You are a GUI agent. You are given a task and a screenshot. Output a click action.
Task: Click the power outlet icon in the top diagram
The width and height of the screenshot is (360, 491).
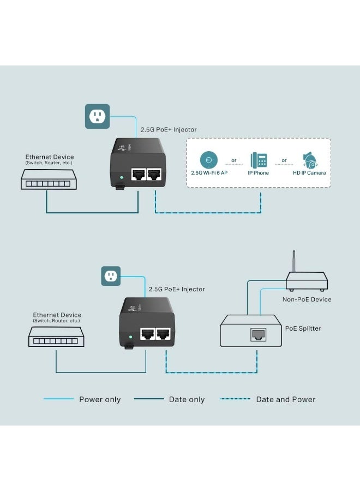tap(97, 116)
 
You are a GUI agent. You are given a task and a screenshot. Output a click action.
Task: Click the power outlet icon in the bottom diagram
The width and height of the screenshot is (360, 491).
tap(111, 276)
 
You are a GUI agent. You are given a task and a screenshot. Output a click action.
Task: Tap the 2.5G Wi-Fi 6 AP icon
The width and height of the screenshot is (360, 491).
tap(208, 159)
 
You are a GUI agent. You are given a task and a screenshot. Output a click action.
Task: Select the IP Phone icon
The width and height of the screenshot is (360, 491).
tap(259, 160)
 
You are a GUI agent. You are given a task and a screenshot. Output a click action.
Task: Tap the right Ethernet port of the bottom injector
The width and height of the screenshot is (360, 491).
tap(163, 334)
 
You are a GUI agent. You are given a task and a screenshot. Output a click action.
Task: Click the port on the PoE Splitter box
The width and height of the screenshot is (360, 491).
tap(257, 334)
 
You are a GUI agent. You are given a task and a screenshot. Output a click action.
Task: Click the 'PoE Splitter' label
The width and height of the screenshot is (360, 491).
tap(303, 328)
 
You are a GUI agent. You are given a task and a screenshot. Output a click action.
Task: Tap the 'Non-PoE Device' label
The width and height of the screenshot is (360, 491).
tap(307, 300)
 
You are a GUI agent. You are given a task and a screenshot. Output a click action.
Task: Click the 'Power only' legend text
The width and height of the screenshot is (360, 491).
tap(100, 399)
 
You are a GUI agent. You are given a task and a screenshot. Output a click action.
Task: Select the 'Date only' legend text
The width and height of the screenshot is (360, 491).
tap(187, 399)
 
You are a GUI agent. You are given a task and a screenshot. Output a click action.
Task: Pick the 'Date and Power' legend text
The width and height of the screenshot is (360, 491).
tap(286, 399)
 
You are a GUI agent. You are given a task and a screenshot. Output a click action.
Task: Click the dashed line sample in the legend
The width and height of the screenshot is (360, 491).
tap(235, 399)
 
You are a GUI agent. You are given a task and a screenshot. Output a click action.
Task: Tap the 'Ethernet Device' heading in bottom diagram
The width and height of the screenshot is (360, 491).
tap(57, 315)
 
